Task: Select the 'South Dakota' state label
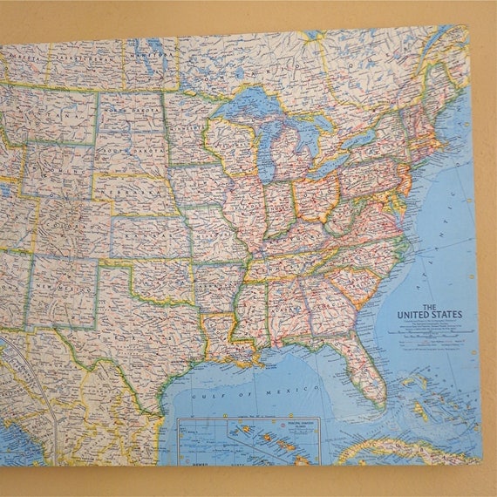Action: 125,151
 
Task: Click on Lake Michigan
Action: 267,148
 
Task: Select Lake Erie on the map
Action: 336,162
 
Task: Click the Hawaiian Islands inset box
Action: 248,440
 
